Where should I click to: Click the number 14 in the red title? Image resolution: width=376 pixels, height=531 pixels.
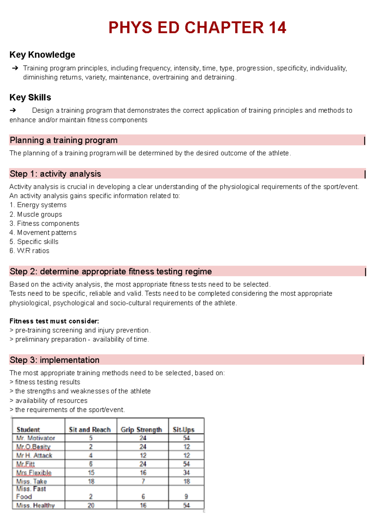[277, 28]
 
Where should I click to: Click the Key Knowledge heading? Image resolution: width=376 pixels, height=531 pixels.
[42, 55]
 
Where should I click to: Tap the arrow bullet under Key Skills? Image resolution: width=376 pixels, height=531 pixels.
[13, 110]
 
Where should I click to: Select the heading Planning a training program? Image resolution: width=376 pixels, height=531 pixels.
[64, 140]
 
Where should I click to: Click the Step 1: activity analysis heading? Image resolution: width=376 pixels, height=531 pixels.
[55, 174]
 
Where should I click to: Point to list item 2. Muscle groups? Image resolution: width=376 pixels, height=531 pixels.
[36, 214]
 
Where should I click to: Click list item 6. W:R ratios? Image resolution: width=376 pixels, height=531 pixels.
[29, 251]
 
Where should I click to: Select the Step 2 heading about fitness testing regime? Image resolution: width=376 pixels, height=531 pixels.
[111, 271]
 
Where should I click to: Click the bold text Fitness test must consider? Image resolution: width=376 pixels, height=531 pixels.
[54, 321]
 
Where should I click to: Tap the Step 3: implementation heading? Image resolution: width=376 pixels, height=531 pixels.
[55, 360]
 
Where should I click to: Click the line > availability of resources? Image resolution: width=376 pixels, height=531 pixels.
[49, 401]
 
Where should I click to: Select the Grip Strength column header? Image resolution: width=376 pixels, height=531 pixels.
[141, 429]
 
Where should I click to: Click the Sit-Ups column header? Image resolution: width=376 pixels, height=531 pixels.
[184, 429]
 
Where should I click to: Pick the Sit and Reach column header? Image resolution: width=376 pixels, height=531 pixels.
[90, 429]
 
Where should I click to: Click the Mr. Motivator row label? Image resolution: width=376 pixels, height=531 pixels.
[36, 438]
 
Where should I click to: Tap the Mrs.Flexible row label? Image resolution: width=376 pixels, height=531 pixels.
[34, 473]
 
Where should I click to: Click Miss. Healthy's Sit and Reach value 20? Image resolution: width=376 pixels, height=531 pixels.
[91, 505]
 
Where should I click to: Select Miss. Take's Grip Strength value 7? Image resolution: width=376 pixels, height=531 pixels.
[143, 481]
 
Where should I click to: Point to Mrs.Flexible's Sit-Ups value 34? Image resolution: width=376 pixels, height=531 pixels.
[186, 473]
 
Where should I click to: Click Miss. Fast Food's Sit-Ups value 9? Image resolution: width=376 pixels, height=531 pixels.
[186, 497]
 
